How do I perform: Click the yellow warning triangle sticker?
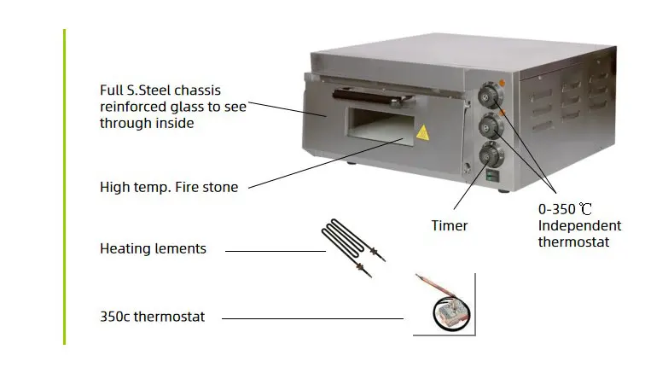421,132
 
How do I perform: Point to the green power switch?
490,177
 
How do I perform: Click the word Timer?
449,225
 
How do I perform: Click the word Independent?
579,225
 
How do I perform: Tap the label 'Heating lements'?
153,249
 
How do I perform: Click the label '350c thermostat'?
153,317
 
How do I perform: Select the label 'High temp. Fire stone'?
169,187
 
